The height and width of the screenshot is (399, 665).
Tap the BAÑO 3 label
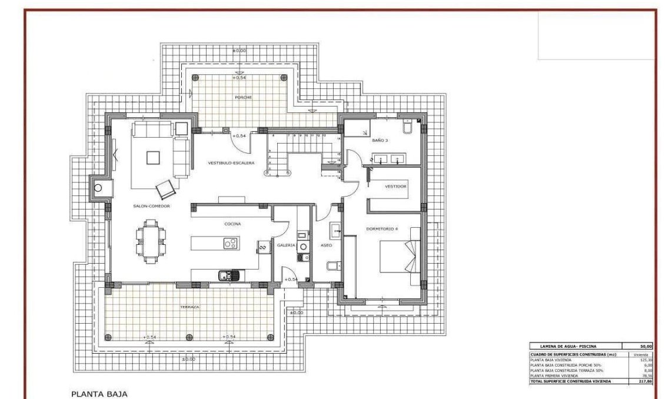380,141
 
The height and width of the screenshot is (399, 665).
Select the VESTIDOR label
395,187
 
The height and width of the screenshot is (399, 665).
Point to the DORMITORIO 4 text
383,229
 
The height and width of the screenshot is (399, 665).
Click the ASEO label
326,245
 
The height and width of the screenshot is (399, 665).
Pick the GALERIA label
285,245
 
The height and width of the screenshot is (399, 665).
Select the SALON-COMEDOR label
151,206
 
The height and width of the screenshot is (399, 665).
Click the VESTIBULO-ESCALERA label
231,162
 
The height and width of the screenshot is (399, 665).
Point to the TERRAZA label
189,307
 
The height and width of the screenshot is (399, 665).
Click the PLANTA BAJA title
99,393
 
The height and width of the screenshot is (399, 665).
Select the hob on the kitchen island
230,242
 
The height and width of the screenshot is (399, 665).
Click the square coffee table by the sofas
153,158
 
